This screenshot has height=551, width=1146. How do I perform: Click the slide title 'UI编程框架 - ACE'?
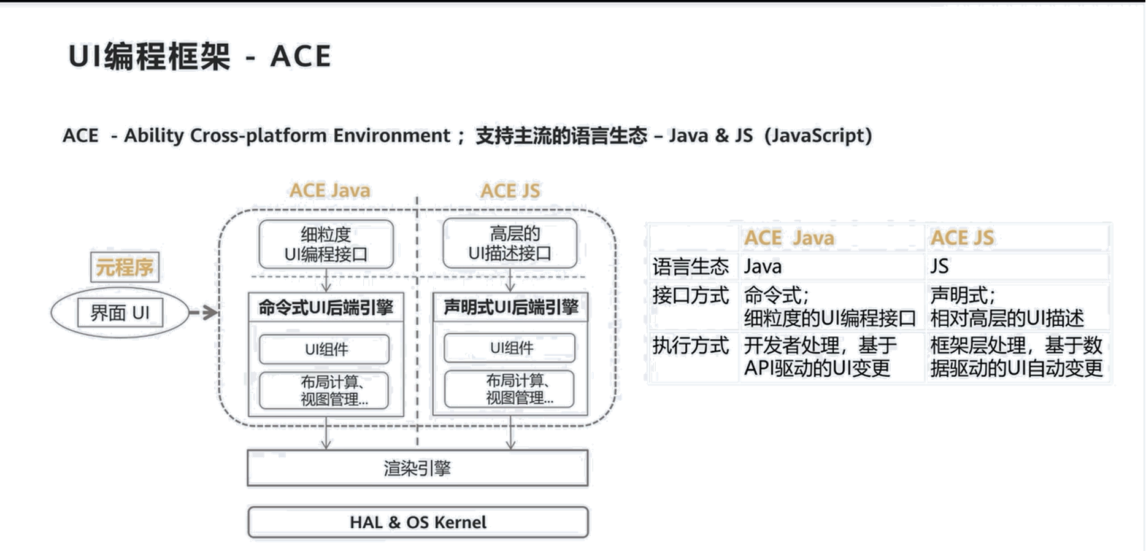tap(200, 56)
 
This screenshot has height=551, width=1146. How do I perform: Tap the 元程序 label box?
tap(125, 267)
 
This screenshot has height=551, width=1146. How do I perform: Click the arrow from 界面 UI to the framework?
tap(204, 313)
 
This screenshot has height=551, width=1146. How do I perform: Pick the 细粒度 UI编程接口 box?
tap(326, 244)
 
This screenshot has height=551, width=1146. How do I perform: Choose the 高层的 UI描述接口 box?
tap(510, 244)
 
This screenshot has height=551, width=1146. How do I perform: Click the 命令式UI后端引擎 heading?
tap(326, 307)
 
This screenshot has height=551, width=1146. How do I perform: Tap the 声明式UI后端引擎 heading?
tap(510, 307)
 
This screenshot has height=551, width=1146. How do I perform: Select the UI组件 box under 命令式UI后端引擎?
tap(325, 349)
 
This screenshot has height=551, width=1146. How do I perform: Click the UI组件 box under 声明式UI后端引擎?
tap(510, 348)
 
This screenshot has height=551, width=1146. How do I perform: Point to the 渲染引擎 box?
tap(418, 469)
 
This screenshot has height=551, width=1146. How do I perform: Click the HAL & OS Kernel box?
tap(418, 522)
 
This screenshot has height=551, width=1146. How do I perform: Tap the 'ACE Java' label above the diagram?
tap(331, 190)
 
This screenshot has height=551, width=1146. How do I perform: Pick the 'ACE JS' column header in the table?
tap(962, 237)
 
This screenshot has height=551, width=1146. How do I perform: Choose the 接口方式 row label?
tap(691, 296)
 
